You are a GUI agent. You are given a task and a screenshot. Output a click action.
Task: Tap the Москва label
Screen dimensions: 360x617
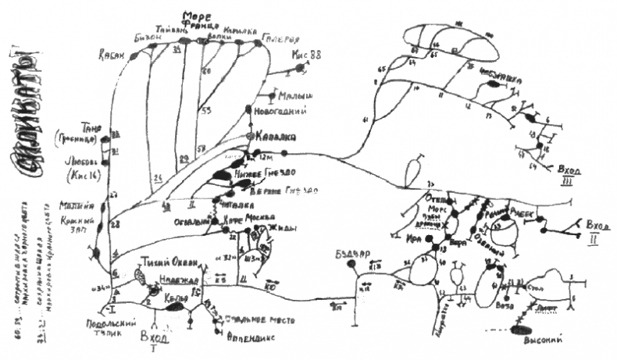pyautogui.click(x=261, y=216)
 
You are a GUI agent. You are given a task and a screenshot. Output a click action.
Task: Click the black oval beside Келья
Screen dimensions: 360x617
pyautogui.click(x=177, y=307)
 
